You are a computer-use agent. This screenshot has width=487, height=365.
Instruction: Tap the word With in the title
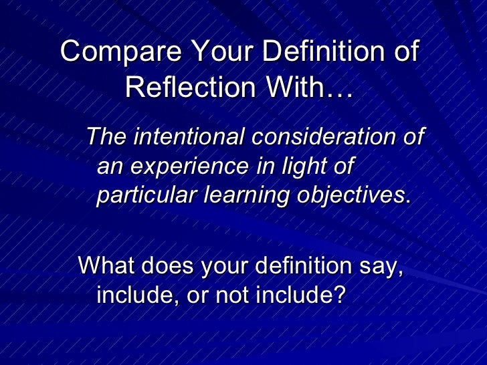coord(307,87)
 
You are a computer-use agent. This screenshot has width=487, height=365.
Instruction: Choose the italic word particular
coord(146,195)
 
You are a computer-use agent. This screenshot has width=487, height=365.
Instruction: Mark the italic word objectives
coord(351,195)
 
